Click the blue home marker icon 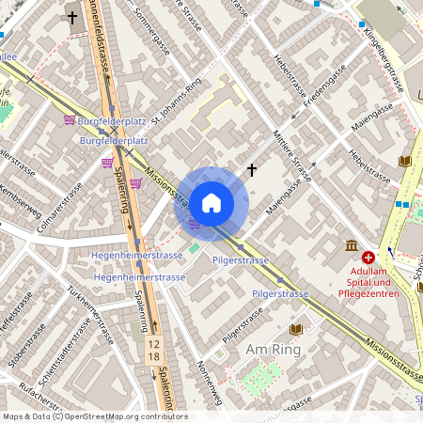tap(211, 203)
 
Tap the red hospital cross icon tap(368, 256)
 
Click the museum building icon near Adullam tap(351, 246)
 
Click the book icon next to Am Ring tap(295, 329)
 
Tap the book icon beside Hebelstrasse tap(405, 161)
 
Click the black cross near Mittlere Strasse tap(251, 169)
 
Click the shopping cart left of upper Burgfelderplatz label tap(70, 120)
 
